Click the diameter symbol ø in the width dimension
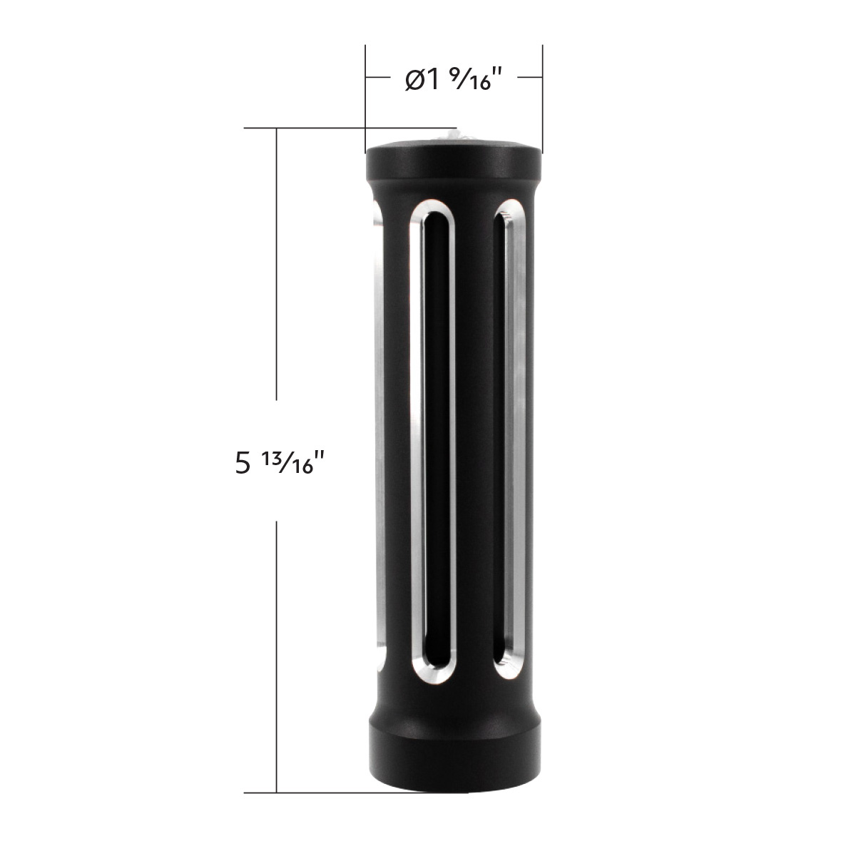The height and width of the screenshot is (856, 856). (414, 80)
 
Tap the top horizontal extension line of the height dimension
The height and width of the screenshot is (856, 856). (321, 128)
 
